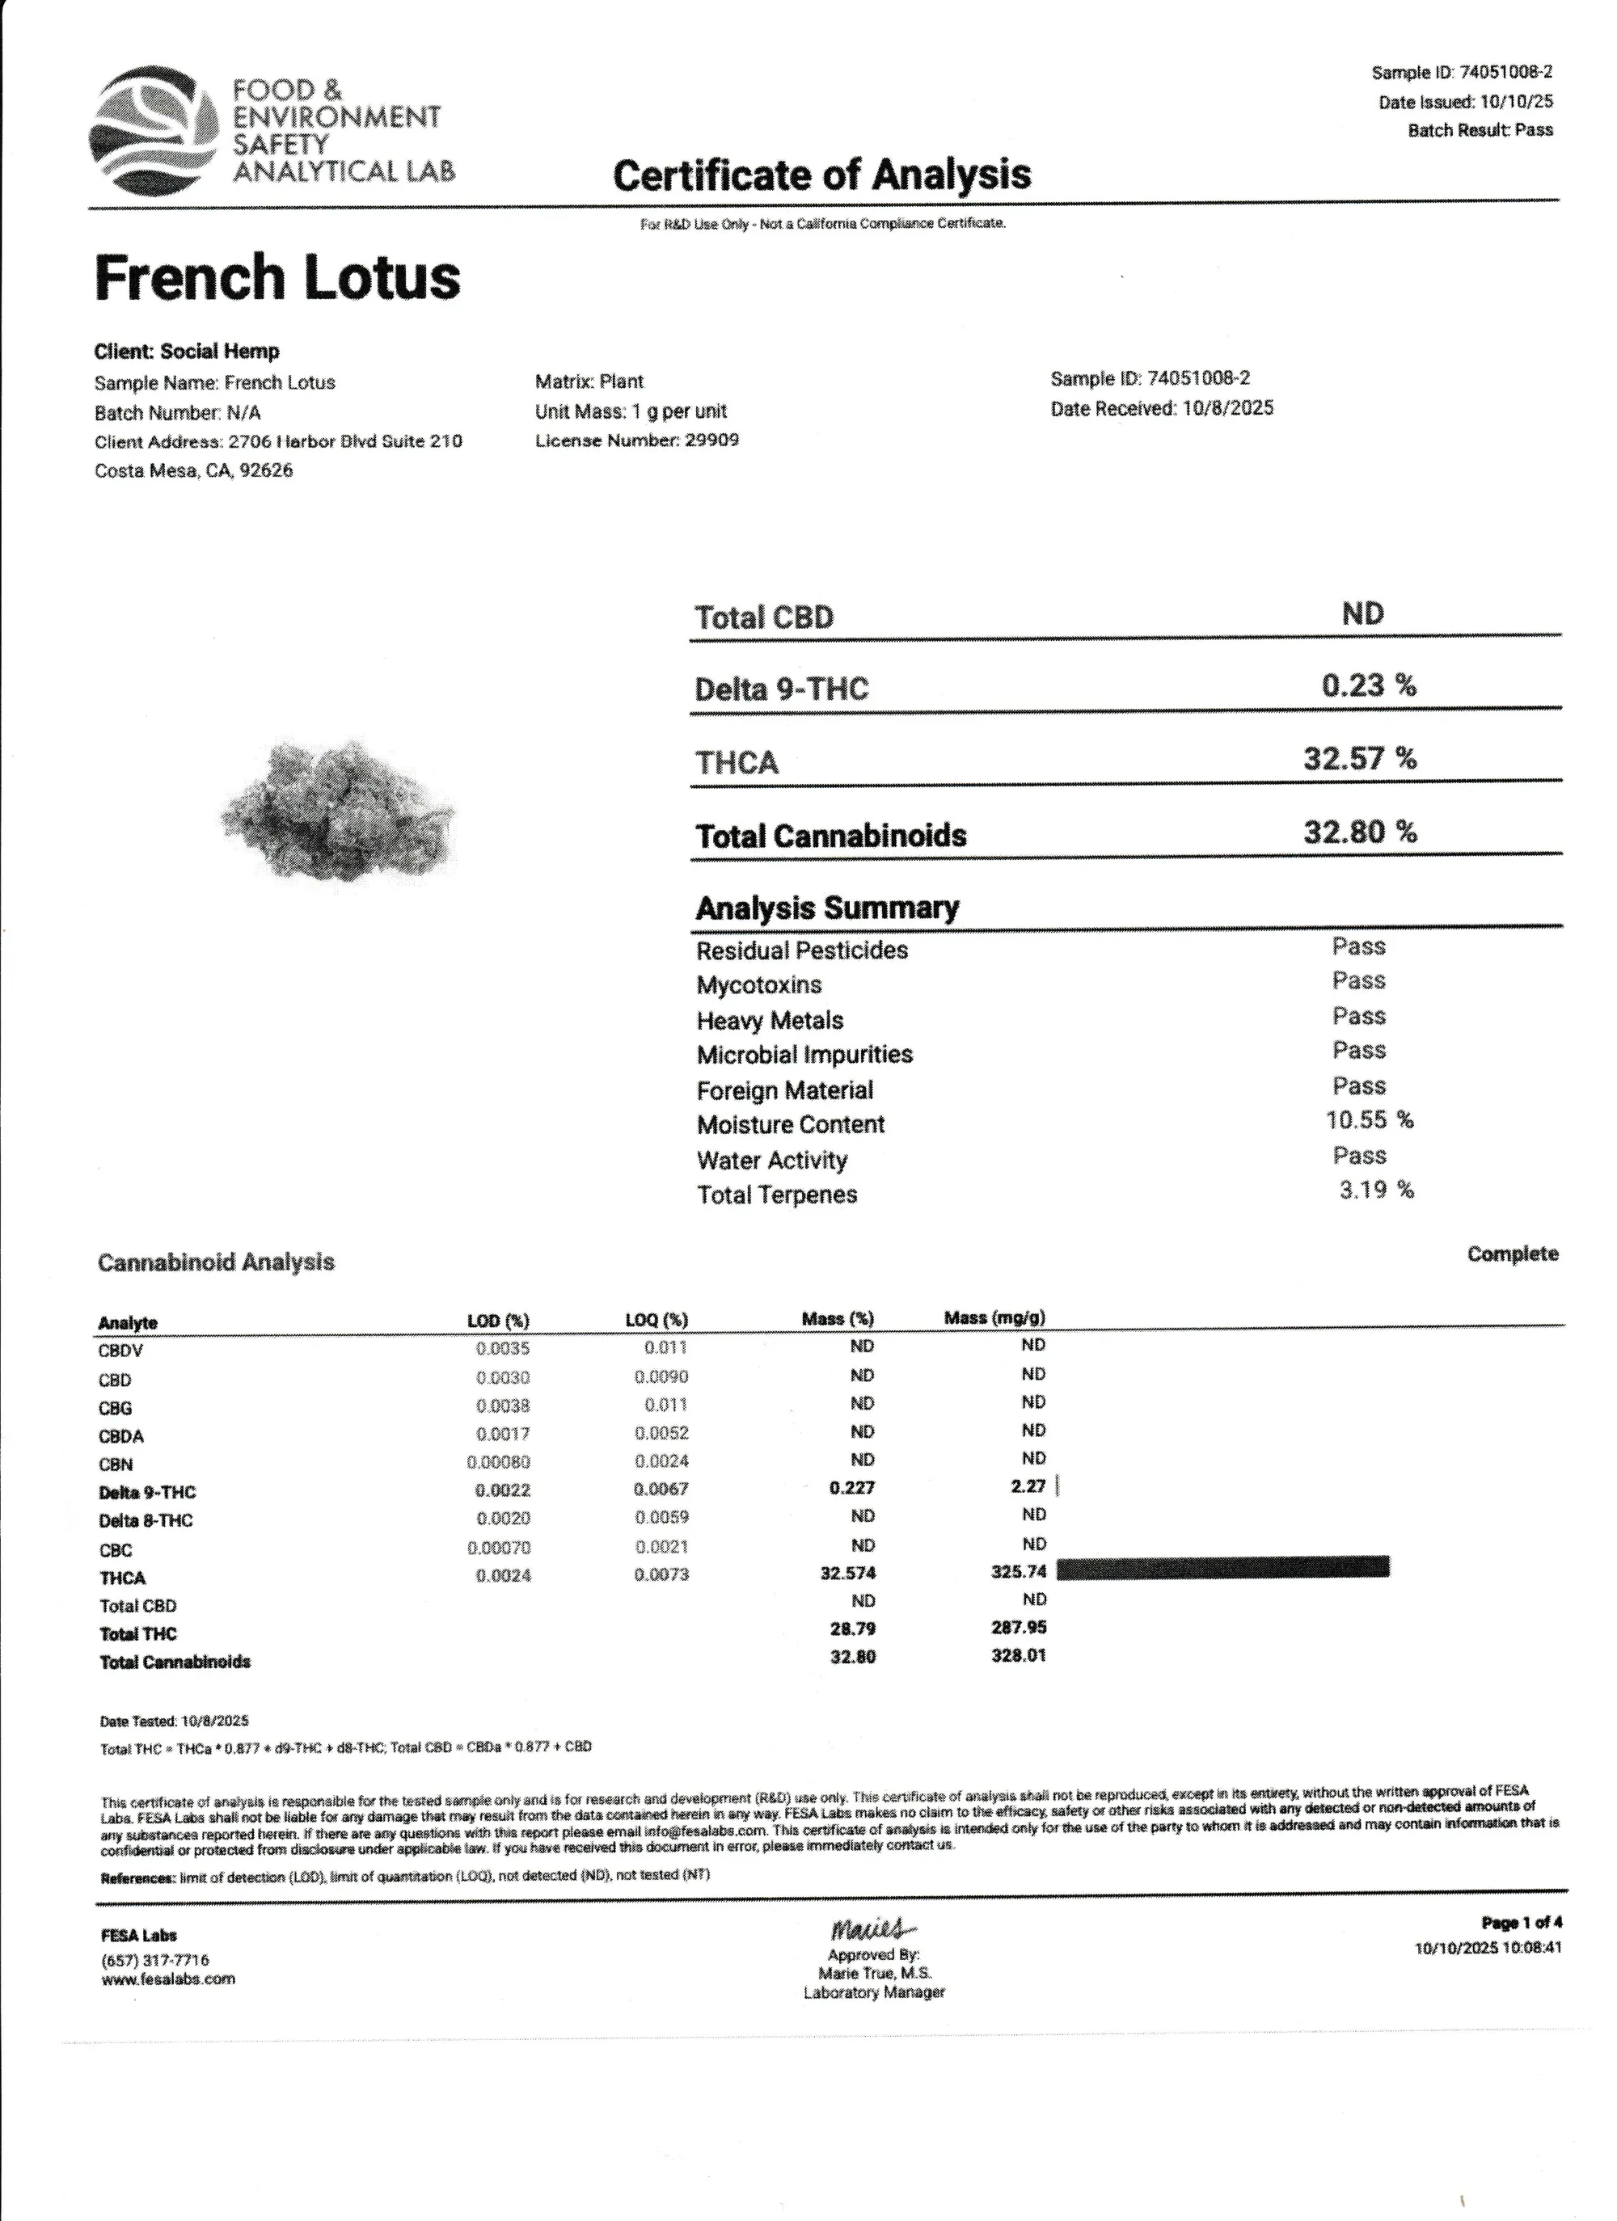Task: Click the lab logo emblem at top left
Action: [x=153, y=129]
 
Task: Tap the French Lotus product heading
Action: [x=277, y=277]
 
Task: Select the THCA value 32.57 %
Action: [x=1358, y=758]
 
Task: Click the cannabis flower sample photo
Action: [x=338, y=811]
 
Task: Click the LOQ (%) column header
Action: [x=657, y=1320]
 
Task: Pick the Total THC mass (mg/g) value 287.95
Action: [x=1018, y=1627]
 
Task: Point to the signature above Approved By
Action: [x=872, y=1930]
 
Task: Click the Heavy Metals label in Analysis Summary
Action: [x=770, y=1021]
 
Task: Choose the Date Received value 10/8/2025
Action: [x=1227, y=408]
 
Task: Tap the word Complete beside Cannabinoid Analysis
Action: [x=1511, y=1254]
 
